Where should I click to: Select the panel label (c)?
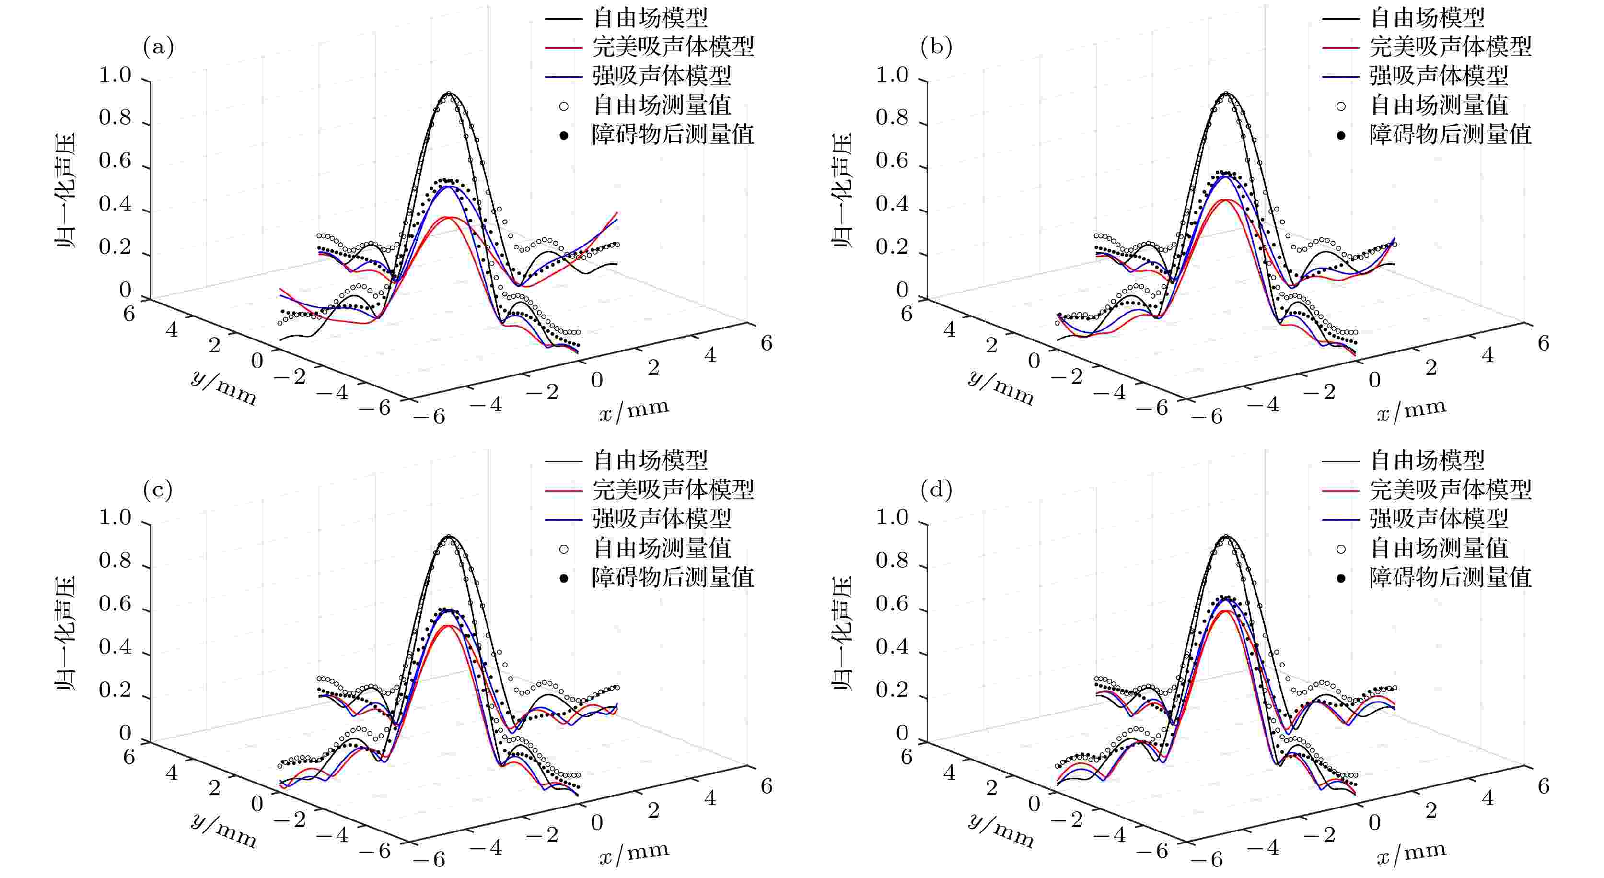158,490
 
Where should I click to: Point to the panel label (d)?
936,490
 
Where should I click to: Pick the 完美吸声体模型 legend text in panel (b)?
1450,47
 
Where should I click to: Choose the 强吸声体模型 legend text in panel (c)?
661,519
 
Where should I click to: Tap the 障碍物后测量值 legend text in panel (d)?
1450,577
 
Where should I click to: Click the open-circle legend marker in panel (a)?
564,106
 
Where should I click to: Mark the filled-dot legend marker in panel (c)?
564,578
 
